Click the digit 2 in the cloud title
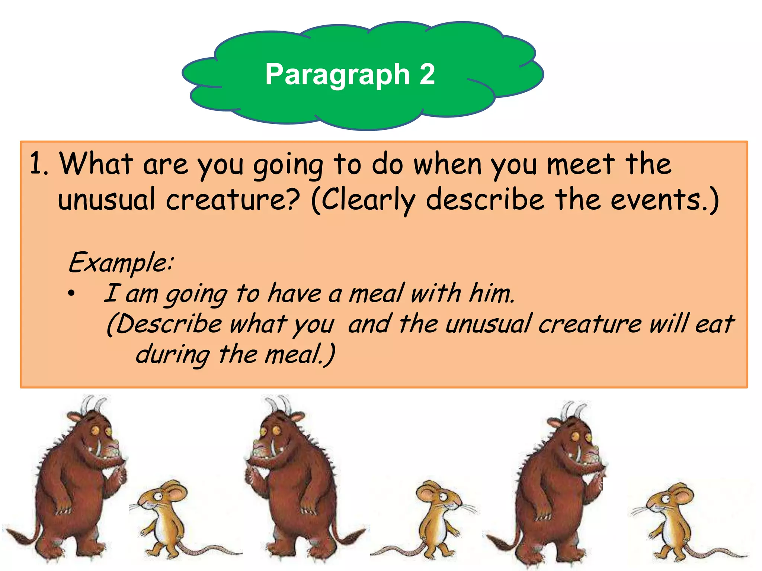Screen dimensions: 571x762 (x=427, y=74)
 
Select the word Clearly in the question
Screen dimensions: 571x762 (x=368, y=200)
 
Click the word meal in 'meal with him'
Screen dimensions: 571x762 (x=376, y=294)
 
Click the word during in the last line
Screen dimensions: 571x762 (x=173, y=355)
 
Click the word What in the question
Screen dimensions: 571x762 (x=96, y=164)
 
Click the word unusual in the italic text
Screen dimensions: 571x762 (x=487, y=324)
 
